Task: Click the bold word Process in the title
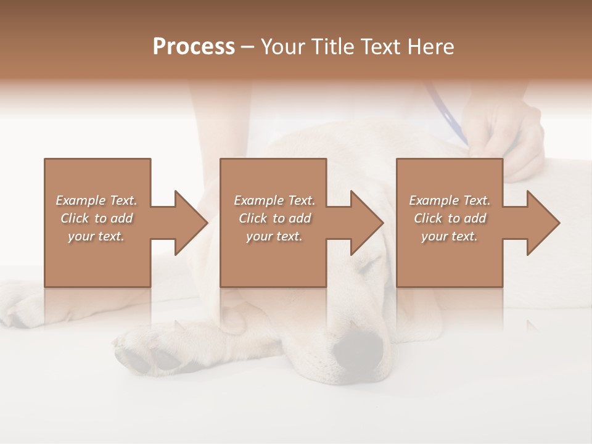[x=194, y=47]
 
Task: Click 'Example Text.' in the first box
[x=97, y=200]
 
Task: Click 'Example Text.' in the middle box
[x=274, y=200]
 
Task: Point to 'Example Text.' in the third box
[x=450, y=200]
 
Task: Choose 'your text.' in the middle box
[x=274, y=236]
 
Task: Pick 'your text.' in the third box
[x=450, y=236]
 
